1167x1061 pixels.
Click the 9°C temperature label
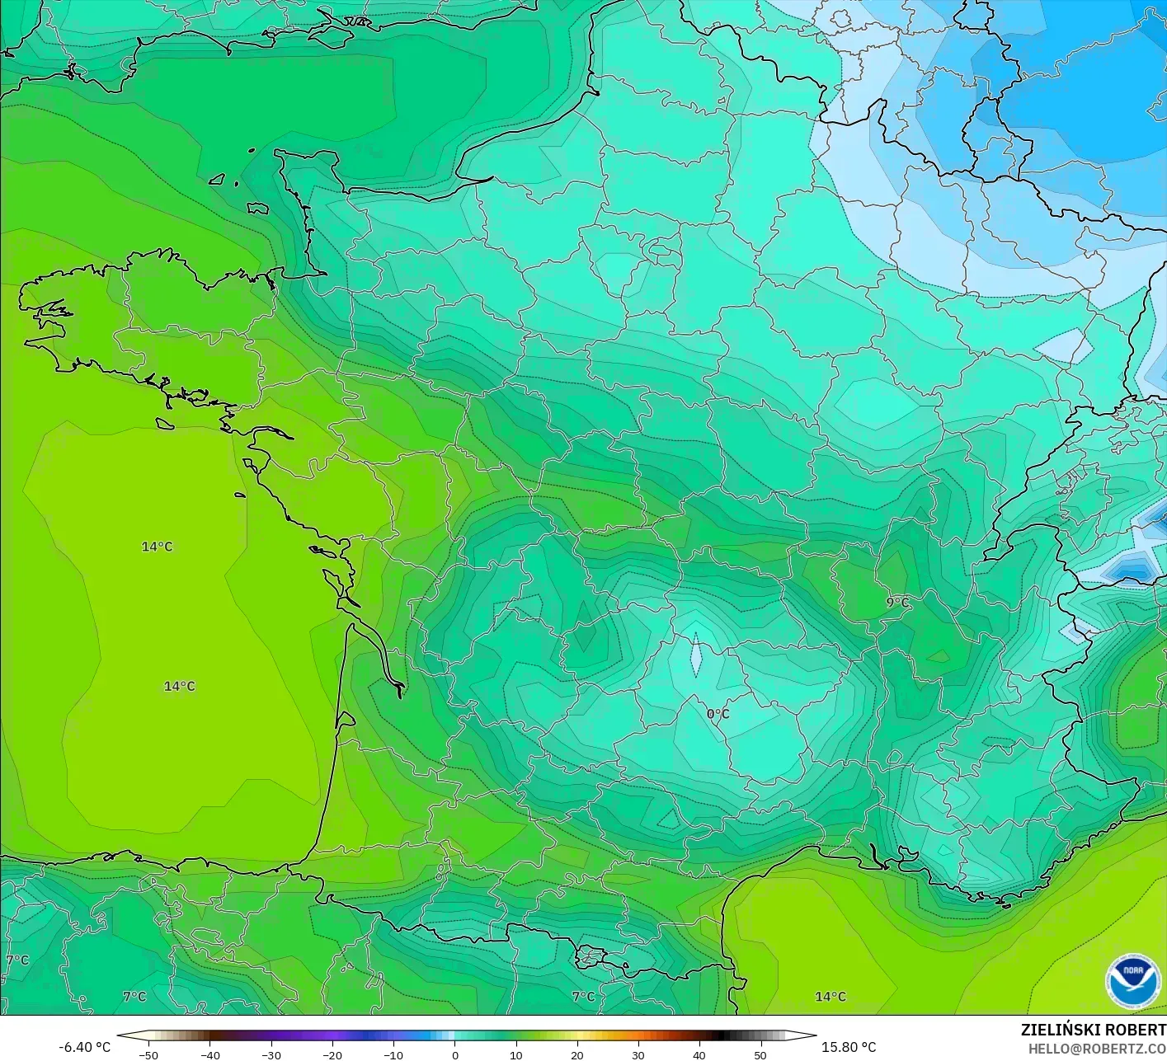(x=897, y=603)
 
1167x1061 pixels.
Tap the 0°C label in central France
(x=718, y=714)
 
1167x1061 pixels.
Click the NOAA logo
(x=1132, y=982)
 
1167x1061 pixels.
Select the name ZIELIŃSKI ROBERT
(x=1093, y=1030)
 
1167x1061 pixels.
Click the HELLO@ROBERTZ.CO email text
(x=1097, y=1048)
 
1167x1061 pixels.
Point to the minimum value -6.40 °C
(x=84, y=1047)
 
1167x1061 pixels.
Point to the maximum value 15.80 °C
(x=849, y=1047)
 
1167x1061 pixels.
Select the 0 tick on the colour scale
(x=454, y=1055)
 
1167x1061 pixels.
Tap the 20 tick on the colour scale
(x=576, y=1055)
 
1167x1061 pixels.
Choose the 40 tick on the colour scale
(x=699, y=1055)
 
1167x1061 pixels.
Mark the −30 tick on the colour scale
(x=271, y=1055)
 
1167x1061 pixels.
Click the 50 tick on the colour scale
(x=760, y=1055)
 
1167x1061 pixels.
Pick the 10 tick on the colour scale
(x=515, y=1055)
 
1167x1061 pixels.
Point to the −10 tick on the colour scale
(x=393, y=1055)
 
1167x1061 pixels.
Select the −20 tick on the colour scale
(x=332, y=1055)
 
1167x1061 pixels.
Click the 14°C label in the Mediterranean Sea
(x=830, y=997)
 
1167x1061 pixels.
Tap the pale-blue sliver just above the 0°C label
(x=696, y=655)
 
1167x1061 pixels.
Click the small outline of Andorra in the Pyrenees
(x=591, y=957)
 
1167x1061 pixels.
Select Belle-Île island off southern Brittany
(x=164, y=423)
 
